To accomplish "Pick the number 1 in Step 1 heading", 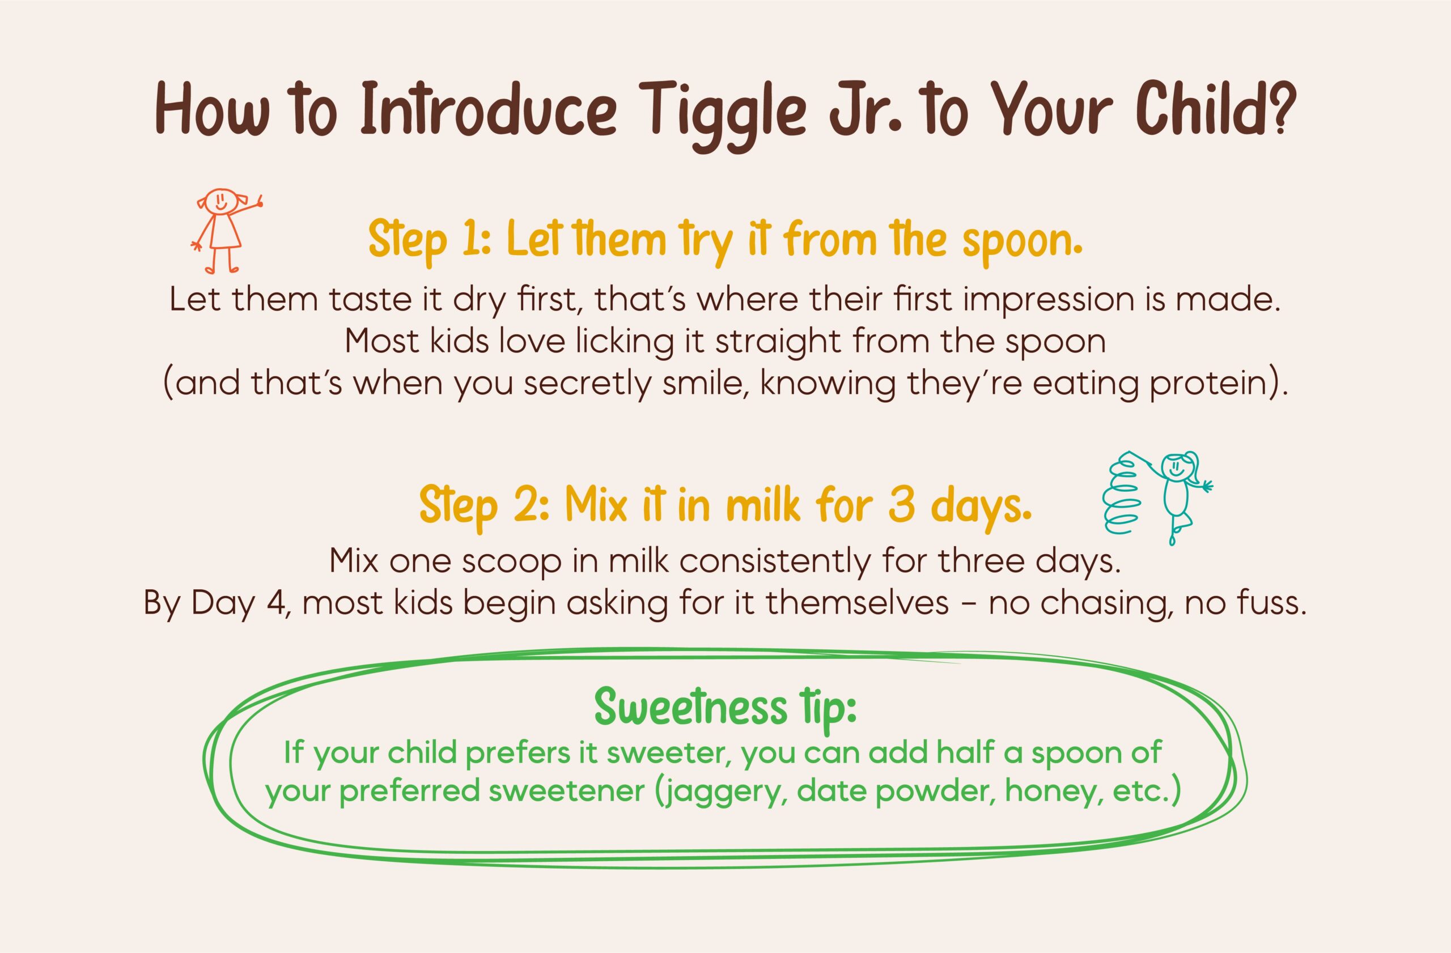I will coord(468,240).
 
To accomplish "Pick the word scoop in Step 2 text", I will coord(511,561).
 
